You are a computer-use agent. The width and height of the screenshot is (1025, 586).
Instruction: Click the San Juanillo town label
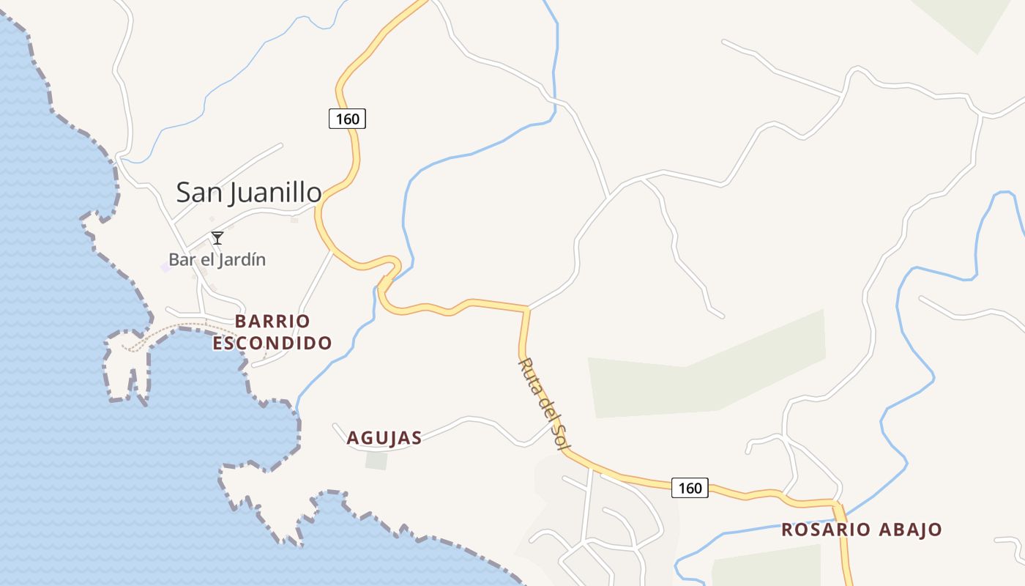click(x=249, y=193)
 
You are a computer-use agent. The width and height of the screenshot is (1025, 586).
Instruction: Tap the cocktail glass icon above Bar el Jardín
click(x=217, y=237)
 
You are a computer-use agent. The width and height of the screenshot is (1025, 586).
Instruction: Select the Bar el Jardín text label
click(x=217, y=259)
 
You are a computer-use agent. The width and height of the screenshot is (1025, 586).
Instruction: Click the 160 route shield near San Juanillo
click(x=347, y=119)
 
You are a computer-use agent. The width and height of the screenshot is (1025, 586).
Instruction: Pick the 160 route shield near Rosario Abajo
click(x=690, y=488)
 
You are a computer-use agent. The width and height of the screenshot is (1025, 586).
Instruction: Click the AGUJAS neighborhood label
click(x=384, y=438)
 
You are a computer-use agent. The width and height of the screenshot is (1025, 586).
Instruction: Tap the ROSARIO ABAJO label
click(x=862, y=530)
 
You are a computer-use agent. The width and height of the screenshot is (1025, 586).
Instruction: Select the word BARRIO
click(x=272, y=322)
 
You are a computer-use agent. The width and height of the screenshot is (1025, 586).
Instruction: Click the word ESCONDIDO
click(x=272, y=343)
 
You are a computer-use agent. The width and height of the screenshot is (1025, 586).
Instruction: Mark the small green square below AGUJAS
click(x=376, y=461)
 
